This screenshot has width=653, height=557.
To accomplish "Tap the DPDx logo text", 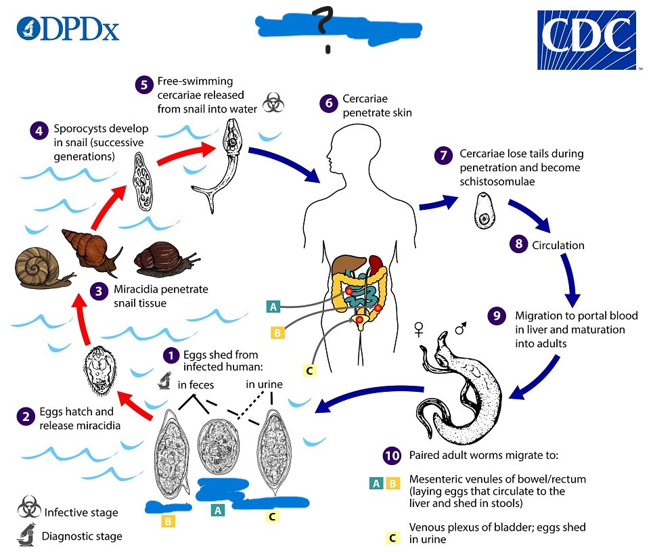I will (68, 28).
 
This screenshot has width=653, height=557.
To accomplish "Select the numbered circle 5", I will (143, 85).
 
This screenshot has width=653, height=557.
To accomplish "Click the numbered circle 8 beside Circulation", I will (518, 244).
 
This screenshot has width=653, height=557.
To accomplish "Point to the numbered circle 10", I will (391, 455).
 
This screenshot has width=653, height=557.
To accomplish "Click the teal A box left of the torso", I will (273, 307).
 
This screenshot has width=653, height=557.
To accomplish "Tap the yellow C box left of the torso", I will (309, 370).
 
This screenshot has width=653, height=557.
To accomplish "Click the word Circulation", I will (558, 245).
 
